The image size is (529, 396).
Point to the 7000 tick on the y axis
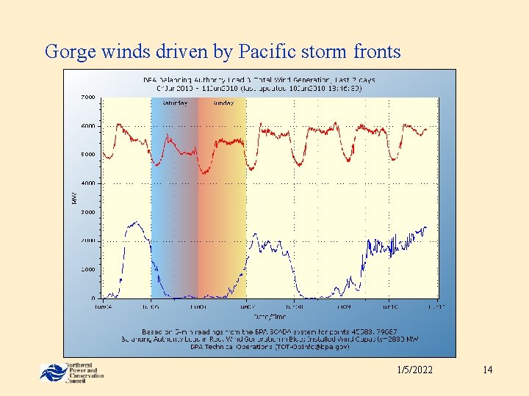click(87, 97)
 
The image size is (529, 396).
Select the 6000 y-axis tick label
click(87, 126)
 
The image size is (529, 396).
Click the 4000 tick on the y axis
click(87, 183)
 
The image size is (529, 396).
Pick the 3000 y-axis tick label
click(87, 212)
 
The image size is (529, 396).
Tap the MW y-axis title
click(73, 198)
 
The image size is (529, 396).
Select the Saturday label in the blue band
click(173, 103)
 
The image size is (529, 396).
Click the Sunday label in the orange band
click(222, 103)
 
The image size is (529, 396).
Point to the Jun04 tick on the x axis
click(103, 306)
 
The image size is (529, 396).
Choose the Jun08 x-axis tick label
click(294, 306)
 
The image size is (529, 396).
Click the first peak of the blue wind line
click(134, 222)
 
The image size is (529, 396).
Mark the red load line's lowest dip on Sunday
click(204, 173)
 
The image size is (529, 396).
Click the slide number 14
click(487, 370)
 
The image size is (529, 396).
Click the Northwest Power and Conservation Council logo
click(71, 373)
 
